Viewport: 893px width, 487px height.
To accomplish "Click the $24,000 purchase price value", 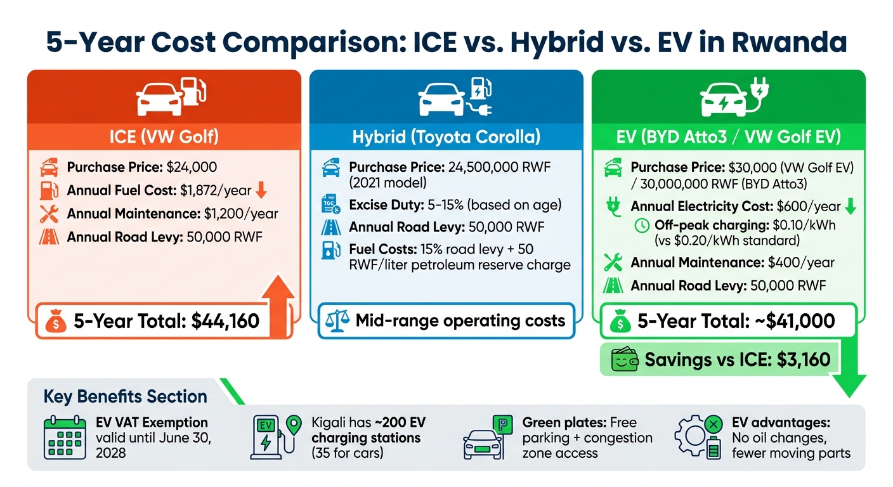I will (x=192, y=167).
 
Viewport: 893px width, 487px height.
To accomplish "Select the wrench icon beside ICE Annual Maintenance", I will (x=49, y=214).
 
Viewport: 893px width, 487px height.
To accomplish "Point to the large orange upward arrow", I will (x=277, y=298).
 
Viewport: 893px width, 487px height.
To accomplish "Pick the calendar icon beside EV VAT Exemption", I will (x=64, y=438).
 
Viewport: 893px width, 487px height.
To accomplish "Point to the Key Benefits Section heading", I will (x=125, y=397).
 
